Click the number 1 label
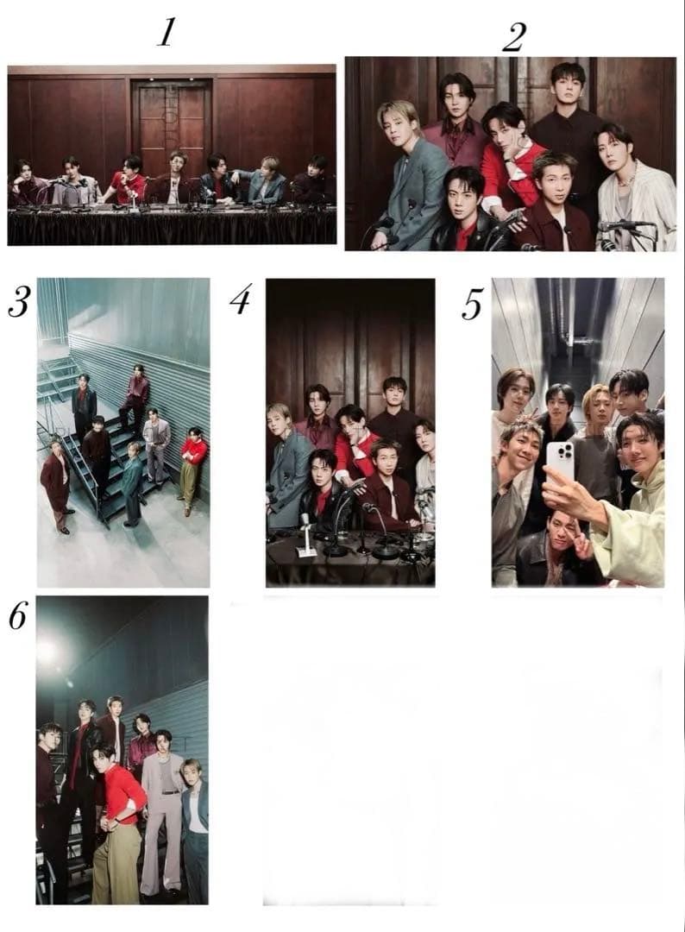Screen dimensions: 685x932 (x=167, y=32)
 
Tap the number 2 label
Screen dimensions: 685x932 (x=513, y=37)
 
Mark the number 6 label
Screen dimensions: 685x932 (x=17, y=616)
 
